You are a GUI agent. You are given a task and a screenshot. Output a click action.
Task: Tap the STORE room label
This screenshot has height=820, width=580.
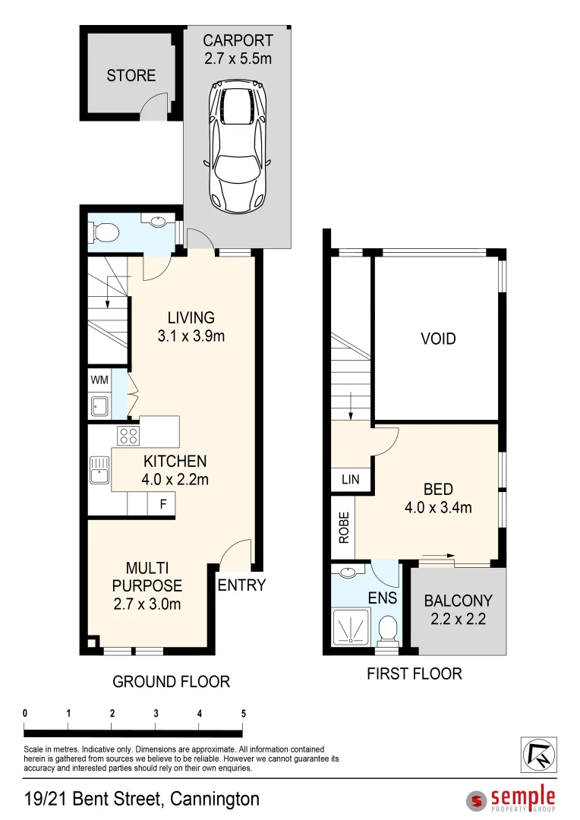click(x=131, y=75)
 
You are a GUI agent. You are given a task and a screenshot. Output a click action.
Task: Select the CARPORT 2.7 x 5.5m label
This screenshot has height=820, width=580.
click(x=238, y=49)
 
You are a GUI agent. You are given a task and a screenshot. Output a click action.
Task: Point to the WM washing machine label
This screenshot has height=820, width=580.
click(x=99, y=379)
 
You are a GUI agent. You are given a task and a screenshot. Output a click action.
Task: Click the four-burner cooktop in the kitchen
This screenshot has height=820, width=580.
click(x=128, y=436)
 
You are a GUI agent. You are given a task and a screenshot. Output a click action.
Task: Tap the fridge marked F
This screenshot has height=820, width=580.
click(x=162, y=504)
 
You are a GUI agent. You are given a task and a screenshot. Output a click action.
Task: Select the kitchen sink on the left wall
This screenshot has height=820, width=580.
click(x=99, y=470)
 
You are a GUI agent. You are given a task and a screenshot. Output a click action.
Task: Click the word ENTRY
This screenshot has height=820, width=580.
click(x=241, y=585)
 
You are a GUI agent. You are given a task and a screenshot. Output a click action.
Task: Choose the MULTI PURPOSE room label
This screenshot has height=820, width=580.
click(x=147, y=585)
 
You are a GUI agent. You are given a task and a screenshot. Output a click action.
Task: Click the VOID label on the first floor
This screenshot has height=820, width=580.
click(x=438, y=339)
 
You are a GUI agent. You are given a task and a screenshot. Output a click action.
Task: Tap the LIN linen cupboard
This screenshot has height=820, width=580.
click(x=350, y=480)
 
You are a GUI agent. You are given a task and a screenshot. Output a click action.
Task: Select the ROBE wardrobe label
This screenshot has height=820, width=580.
click(x=343, y=528)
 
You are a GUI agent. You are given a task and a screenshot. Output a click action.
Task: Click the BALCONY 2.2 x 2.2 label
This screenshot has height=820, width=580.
click(x=458, y=608)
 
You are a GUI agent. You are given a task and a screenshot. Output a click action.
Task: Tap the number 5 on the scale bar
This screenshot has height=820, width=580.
click(x=243, y=714)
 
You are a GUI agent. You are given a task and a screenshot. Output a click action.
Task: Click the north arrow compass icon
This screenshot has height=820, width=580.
click(x=537, y=755)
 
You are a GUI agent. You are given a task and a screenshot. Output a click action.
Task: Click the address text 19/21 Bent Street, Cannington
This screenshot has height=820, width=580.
click(x=141, y=799)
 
